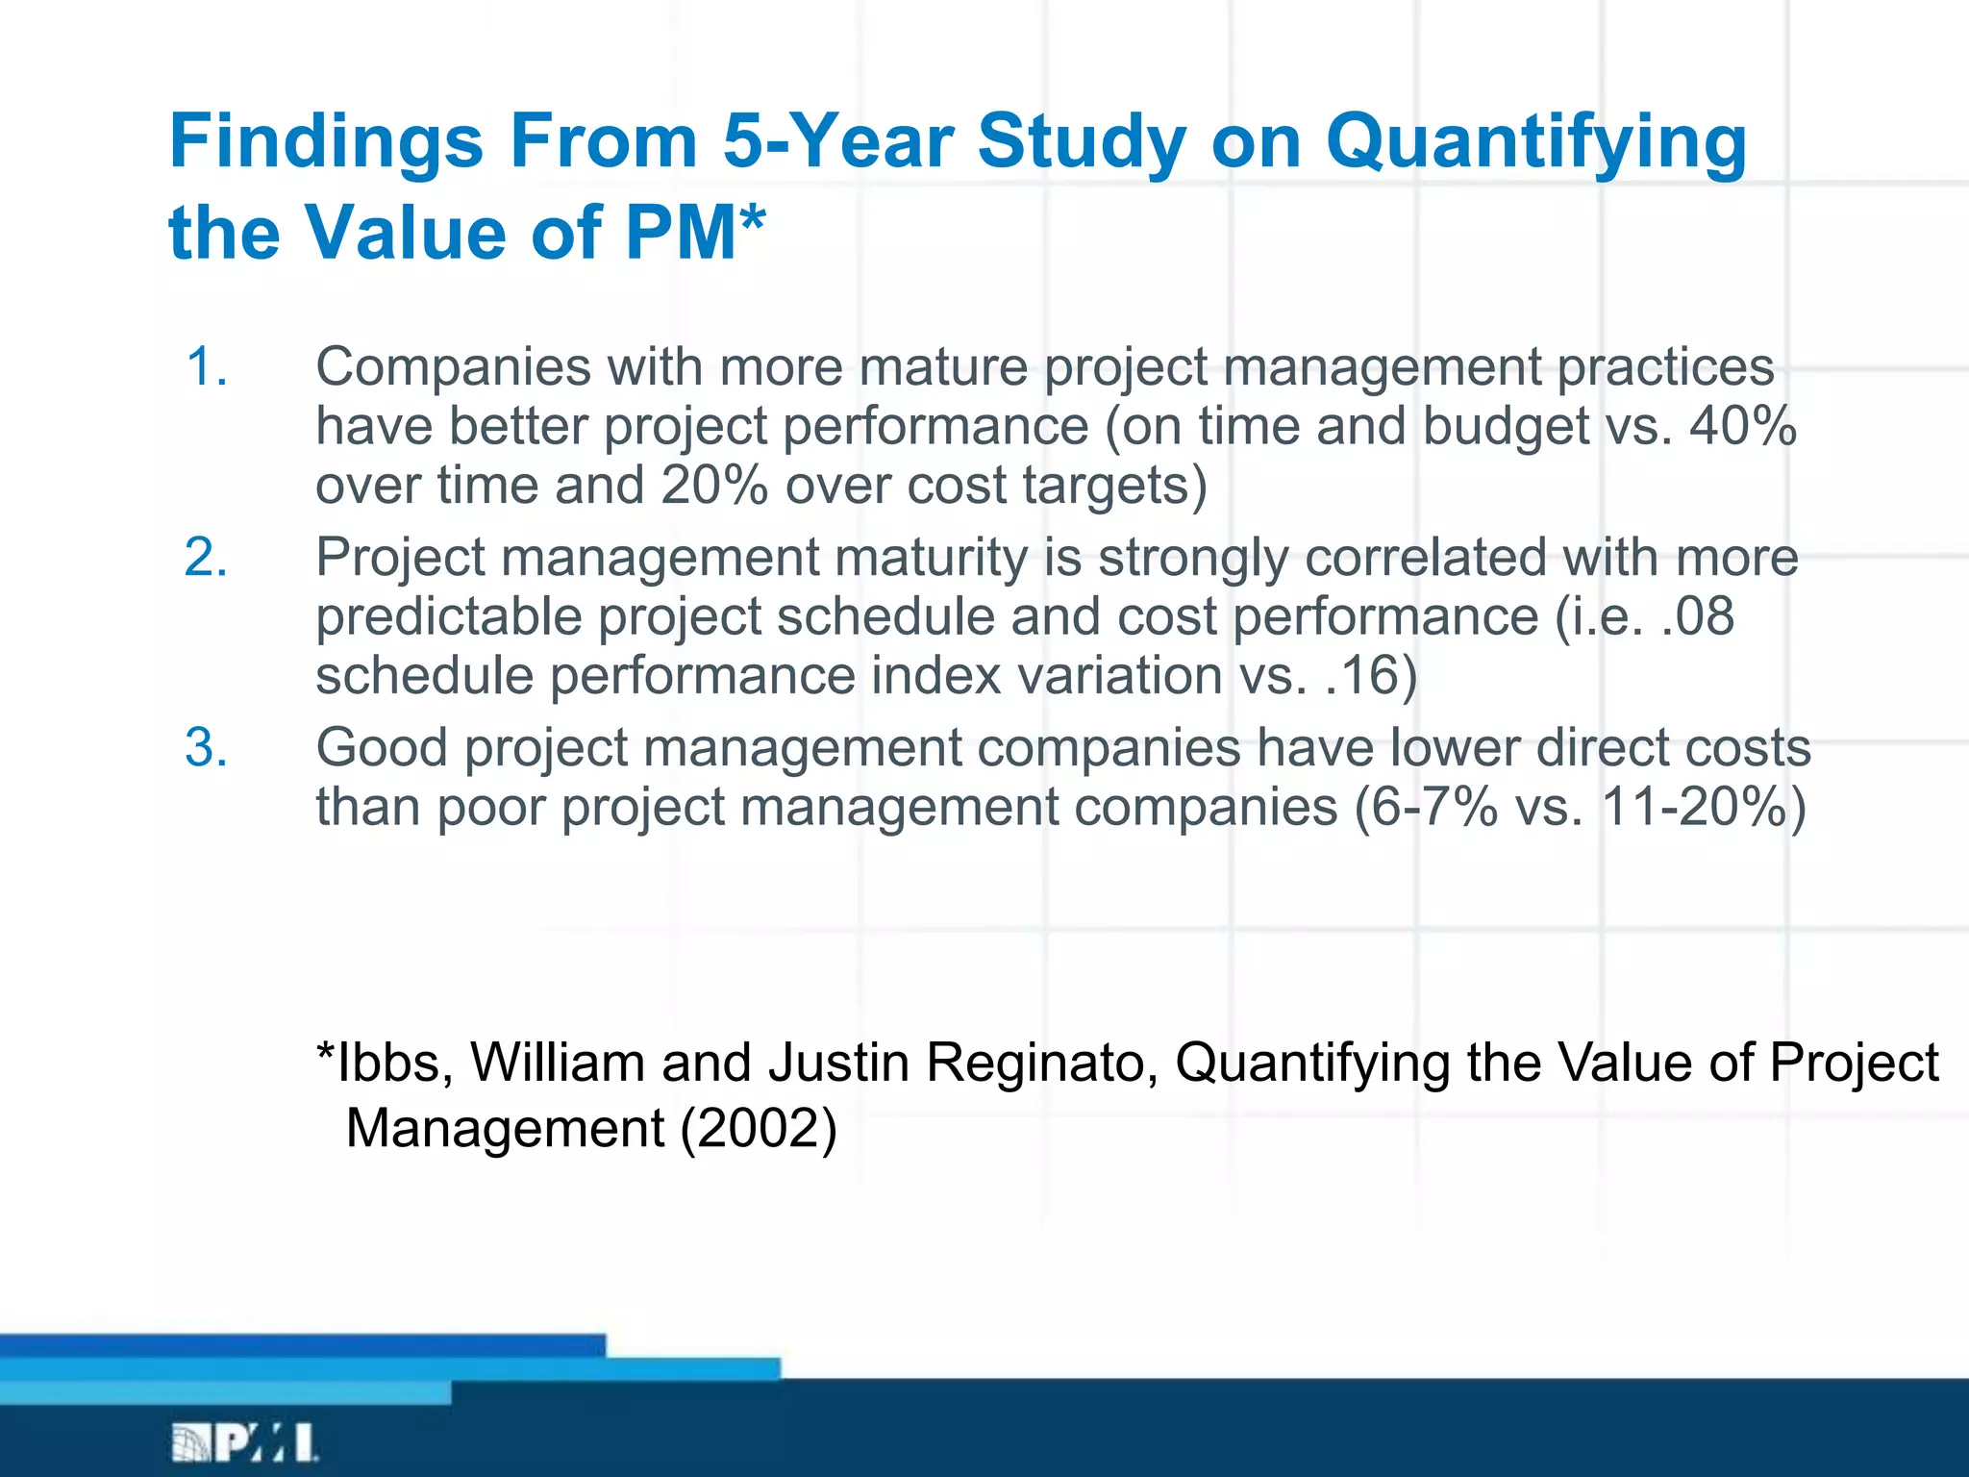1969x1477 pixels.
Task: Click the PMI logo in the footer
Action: click(245, 1442)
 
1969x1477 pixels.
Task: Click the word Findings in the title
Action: click(325, 142)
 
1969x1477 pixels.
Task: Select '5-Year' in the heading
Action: click(837, 142)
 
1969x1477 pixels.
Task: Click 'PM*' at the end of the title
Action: click(694, 234)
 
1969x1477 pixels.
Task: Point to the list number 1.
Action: click(207, 366)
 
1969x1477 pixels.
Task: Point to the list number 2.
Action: click(207, 557)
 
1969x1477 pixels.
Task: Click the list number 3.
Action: click(207, 747)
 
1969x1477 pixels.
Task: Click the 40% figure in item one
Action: click(1742, 426)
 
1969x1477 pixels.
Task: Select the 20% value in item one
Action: click(713, 486)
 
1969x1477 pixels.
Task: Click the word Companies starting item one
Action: click(453, 366)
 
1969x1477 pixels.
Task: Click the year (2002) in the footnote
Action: click(758, 1128)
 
